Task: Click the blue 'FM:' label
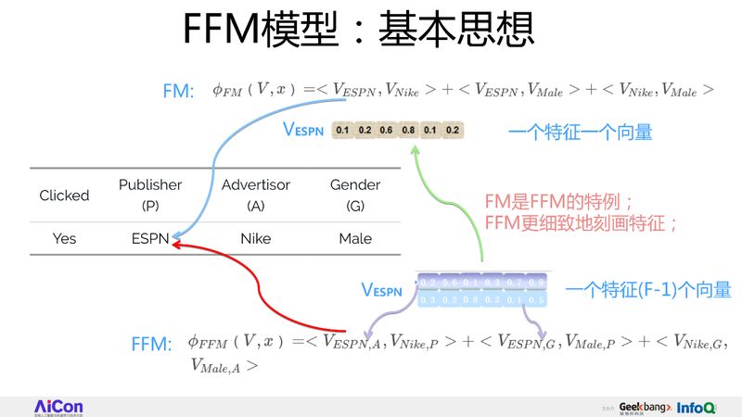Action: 177,91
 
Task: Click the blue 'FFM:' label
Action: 152,345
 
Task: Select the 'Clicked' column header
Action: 64,196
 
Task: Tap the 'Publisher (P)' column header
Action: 150,195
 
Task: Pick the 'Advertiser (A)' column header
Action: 256,195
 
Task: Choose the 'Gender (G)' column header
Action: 355,195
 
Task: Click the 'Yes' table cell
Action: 64,238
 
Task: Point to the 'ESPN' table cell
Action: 150,238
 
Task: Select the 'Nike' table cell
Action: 256,238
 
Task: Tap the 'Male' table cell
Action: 355,238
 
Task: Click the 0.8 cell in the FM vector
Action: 408,130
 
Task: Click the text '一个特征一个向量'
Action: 580,133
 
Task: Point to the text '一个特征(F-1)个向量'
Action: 647,290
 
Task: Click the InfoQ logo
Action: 696,407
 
